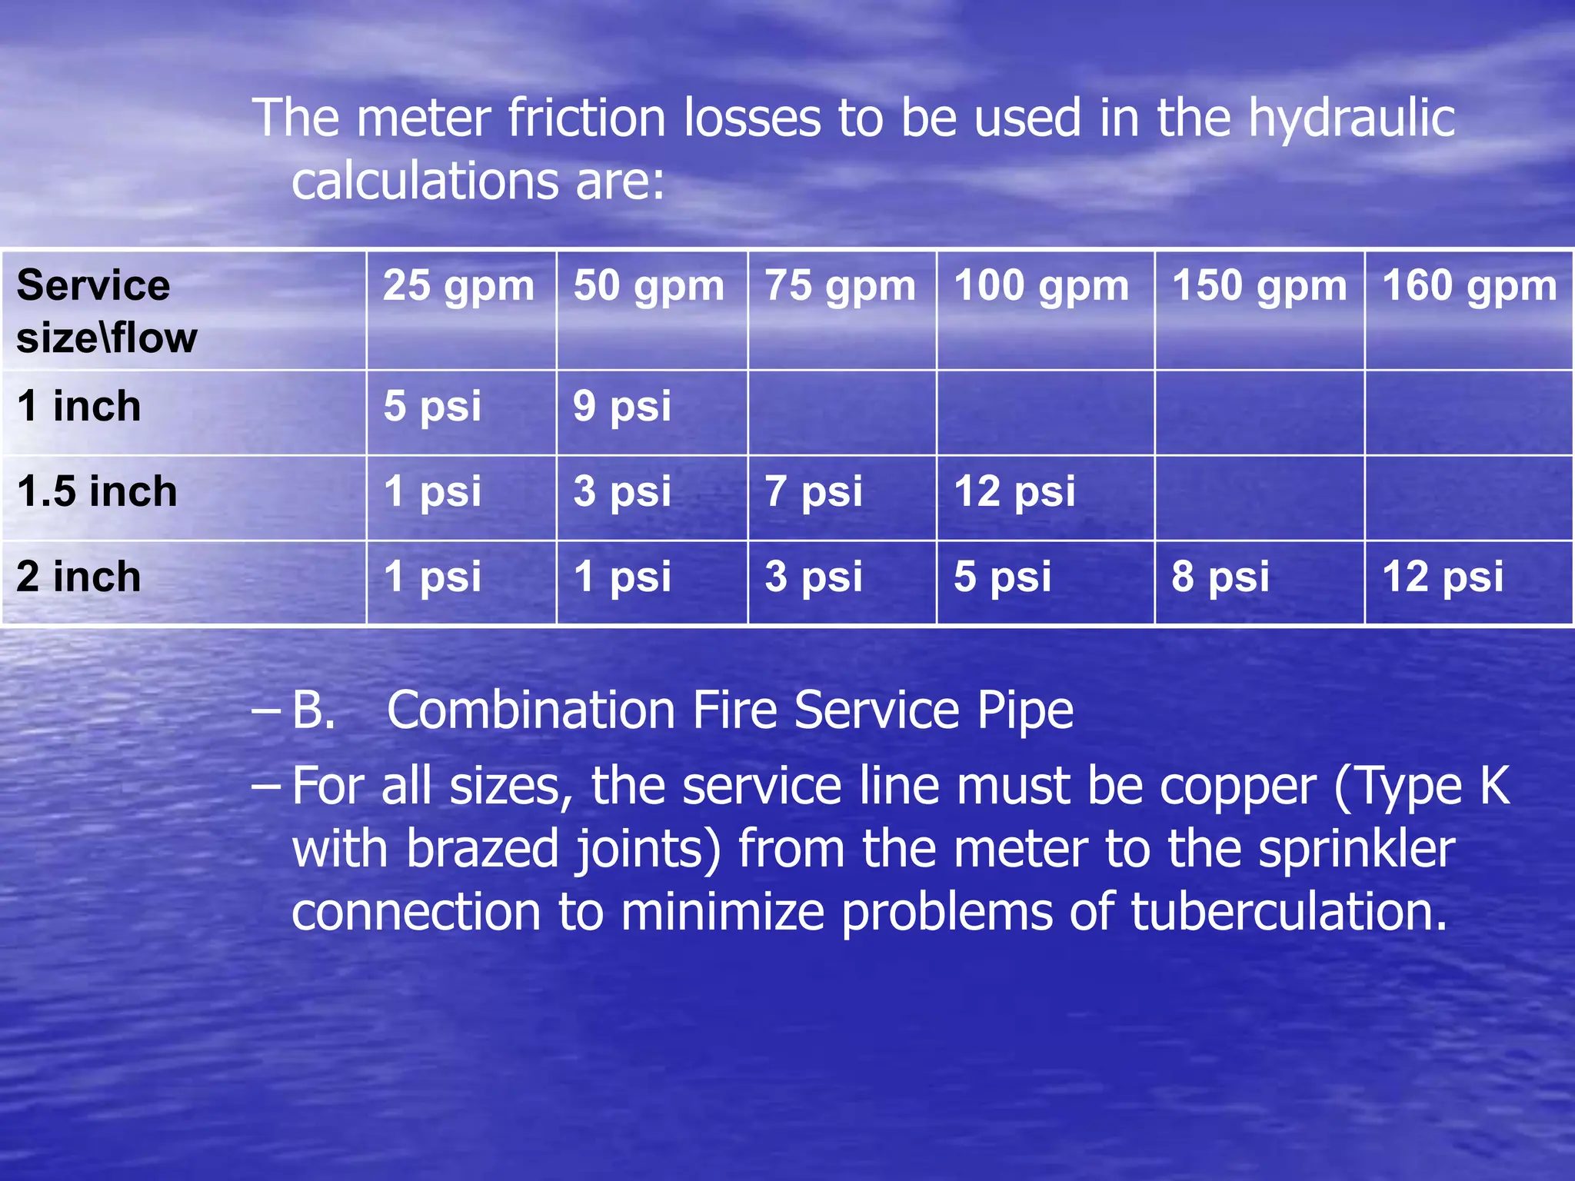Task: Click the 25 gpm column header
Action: [458, 286]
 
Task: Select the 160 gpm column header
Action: [1470, 286]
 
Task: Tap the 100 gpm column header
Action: [1041, 286]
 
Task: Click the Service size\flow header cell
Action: [107, 311]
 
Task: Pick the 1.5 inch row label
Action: [97, 491]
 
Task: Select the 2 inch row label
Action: [78, 577]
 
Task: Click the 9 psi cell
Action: [621, 406]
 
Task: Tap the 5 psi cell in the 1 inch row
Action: [432, 406]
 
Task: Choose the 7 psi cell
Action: [813, 491]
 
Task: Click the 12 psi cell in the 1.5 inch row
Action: [1014, 491]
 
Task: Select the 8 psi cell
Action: [1220, 577]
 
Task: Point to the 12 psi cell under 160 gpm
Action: [1442, 577]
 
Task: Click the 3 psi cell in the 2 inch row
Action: [813, 577]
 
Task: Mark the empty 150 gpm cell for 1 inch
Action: [1259, 413]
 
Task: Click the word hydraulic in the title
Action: [1351, 119]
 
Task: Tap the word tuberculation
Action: [1288, 912]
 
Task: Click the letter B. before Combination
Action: [314, 710]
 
